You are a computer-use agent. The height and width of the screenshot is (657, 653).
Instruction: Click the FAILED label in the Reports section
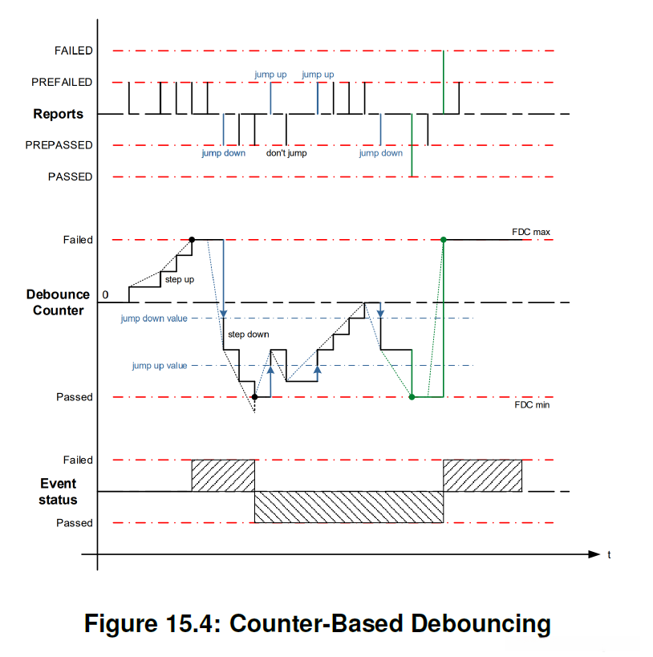73,51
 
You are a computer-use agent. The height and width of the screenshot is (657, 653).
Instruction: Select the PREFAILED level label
62,82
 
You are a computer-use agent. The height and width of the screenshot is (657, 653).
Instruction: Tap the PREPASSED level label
59,145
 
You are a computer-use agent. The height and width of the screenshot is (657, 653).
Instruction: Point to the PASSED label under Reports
70,176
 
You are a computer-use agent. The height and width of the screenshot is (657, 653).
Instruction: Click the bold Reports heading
58,114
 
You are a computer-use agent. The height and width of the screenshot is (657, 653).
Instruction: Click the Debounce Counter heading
58,302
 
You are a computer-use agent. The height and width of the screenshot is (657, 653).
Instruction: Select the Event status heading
58,491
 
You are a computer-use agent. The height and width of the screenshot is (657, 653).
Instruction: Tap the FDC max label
531,233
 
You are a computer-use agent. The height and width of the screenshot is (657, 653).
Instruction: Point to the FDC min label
532,405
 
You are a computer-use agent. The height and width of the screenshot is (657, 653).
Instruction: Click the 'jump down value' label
154,318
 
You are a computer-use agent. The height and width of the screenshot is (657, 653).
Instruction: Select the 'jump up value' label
160,366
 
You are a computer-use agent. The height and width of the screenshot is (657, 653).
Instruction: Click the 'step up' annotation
180,279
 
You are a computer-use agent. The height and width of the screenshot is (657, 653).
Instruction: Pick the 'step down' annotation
249,334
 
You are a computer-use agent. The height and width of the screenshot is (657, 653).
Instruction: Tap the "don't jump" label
286,152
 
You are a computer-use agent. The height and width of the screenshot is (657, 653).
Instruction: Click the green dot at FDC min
412,397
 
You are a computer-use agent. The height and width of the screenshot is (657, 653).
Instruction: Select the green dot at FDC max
444,239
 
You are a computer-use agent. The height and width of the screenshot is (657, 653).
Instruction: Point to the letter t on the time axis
610,554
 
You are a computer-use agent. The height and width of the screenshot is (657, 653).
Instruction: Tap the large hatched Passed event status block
349,507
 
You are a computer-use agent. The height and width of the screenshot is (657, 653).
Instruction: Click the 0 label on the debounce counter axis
104,295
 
